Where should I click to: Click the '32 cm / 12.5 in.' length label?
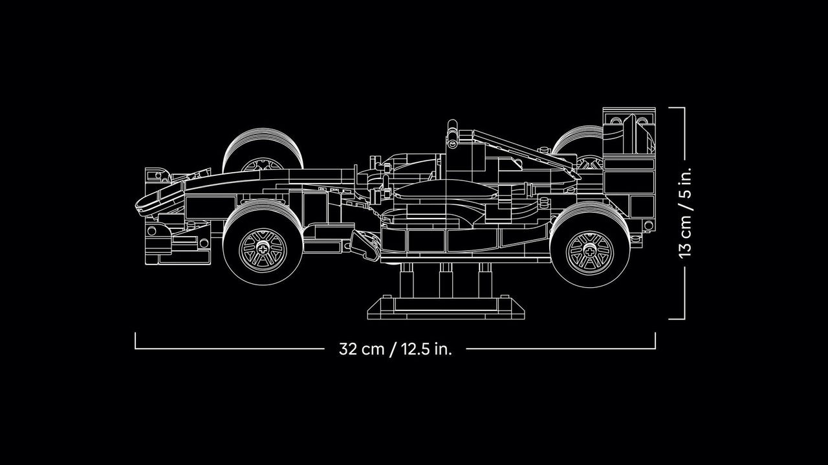pos(395,349)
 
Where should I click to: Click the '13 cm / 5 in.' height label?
pos(685,213)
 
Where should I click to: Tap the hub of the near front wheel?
pos(263,250)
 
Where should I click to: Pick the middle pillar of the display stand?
pos(446,280)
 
